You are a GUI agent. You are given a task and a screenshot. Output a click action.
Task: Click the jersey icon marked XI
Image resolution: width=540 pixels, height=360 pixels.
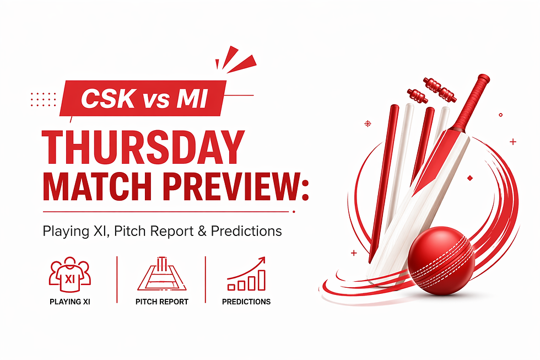click(69, 275)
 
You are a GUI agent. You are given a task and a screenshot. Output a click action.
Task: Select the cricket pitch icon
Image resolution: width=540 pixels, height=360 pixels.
click(161, 274)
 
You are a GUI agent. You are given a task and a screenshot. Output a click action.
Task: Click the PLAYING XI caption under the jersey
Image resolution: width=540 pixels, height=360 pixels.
click(69, 302)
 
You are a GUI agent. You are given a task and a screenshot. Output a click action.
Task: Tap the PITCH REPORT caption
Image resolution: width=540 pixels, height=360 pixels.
click(161, 302)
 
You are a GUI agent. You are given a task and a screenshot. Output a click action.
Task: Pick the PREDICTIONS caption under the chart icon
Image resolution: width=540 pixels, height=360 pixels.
click(246, 302)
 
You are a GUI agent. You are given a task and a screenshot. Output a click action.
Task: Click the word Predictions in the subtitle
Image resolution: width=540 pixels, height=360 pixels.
click(246, 230)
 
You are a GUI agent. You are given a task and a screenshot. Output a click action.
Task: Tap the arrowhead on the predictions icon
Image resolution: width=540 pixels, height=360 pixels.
click(261, 260)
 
